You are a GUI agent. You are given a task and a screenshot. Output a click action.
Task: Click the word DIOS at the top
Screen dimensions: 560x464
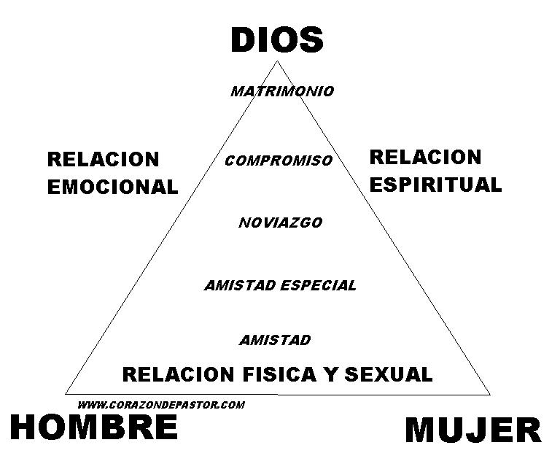point(277,39)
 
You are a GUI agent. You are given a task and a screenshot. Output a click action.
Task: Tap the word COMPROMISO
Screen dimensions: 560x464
point(279,161)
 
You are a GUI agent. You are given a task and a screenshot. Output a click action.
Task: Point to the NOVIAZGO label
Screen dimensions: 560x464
point(280,223)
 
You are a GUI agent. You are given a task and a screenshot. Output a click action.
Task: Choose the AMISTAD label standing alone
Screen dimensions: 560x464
point(275,340)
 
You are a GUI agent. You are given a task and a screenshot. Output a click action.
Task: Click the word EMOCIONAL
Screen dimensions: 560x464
point(112,187)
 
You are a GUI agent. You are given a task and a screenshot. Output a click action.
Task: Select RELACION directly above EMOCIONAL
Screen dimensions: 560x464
point(103,159)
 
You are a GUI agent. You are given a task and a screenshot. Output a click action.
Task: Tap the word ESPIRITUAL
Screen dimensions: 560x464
point(435,184)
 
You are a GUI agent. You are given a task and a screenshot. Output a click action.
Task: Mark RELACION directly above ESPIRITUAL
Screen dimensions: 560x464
point(426,157)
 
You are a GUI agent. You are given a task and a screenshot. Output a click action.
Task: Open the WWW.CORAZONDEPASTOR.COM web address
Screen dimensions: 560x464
point(160,404)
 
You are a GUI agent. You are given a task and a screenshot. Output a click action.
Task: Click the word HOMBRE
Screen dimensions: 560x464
point(94,427)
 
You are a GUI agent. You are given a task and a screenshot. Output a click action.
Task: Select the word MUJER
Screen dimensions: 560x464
point(473,430)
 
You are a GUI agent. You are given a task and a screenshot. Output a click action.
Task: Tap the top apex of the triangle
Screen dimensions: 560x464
point(277,61)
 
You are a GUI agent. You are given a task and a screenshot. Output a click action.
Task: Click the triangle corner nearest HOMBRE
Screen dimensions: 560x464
point(66,393)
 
